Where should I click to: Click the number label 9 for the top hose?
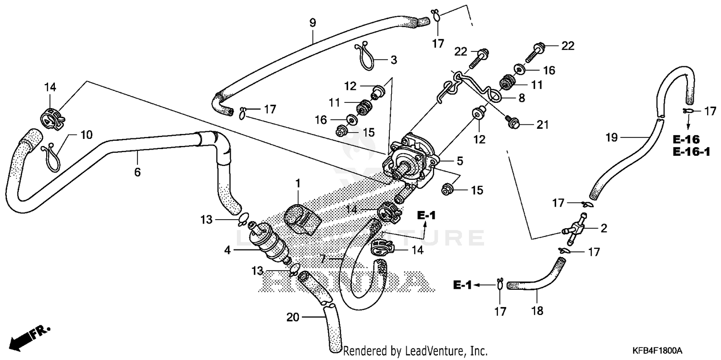(312, 22)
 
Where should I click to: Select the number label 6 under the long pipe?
(137, 172)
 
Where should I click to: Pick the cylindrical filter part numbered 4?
(269, 240)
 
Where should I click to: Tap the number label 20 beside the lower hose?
(293, 317)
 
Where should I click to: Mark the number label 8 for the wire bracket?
(522, 98)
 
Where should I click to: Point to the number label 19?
(611, 138)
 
